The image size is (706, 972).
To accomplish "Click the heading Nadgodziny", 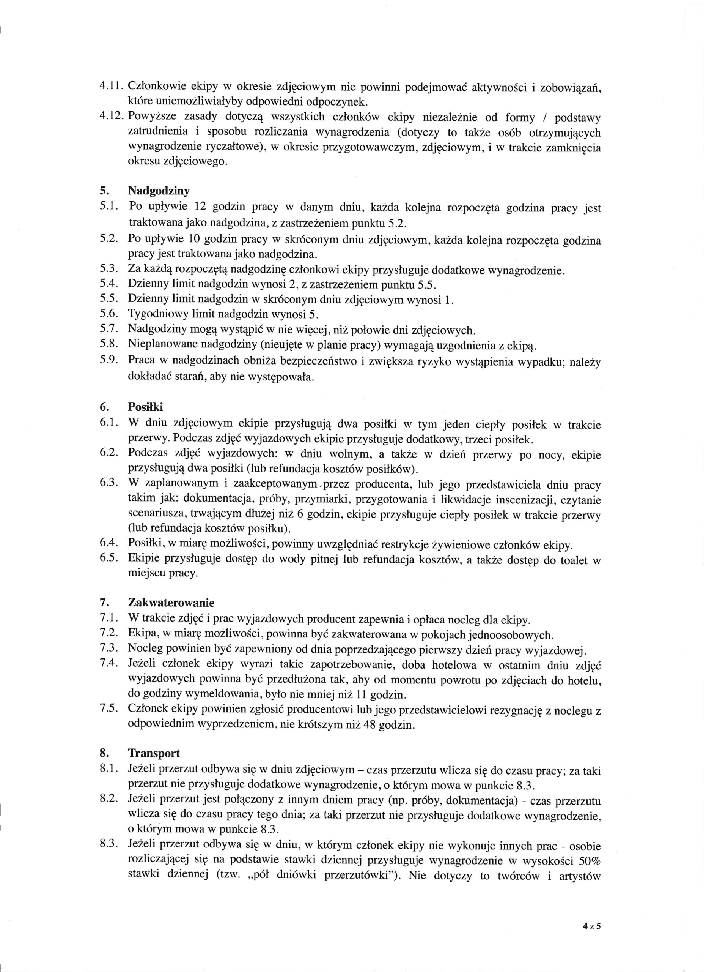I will (x=159, y=191).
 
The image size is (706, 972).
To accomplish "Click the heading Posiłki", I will (x=146, y=407).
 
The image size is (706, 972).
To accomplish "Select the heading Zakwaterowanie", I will (x=171, y=603).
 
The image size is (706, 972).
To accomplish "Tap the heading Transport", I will (x=154, y=753).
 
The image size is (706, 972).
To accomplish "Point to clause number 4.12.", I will (x=112, y=117).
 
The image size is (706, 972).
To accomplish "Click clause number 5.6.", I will (x=108, y=314).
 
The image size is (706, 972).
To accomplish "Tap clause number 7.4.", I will (x=108, y=664).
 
